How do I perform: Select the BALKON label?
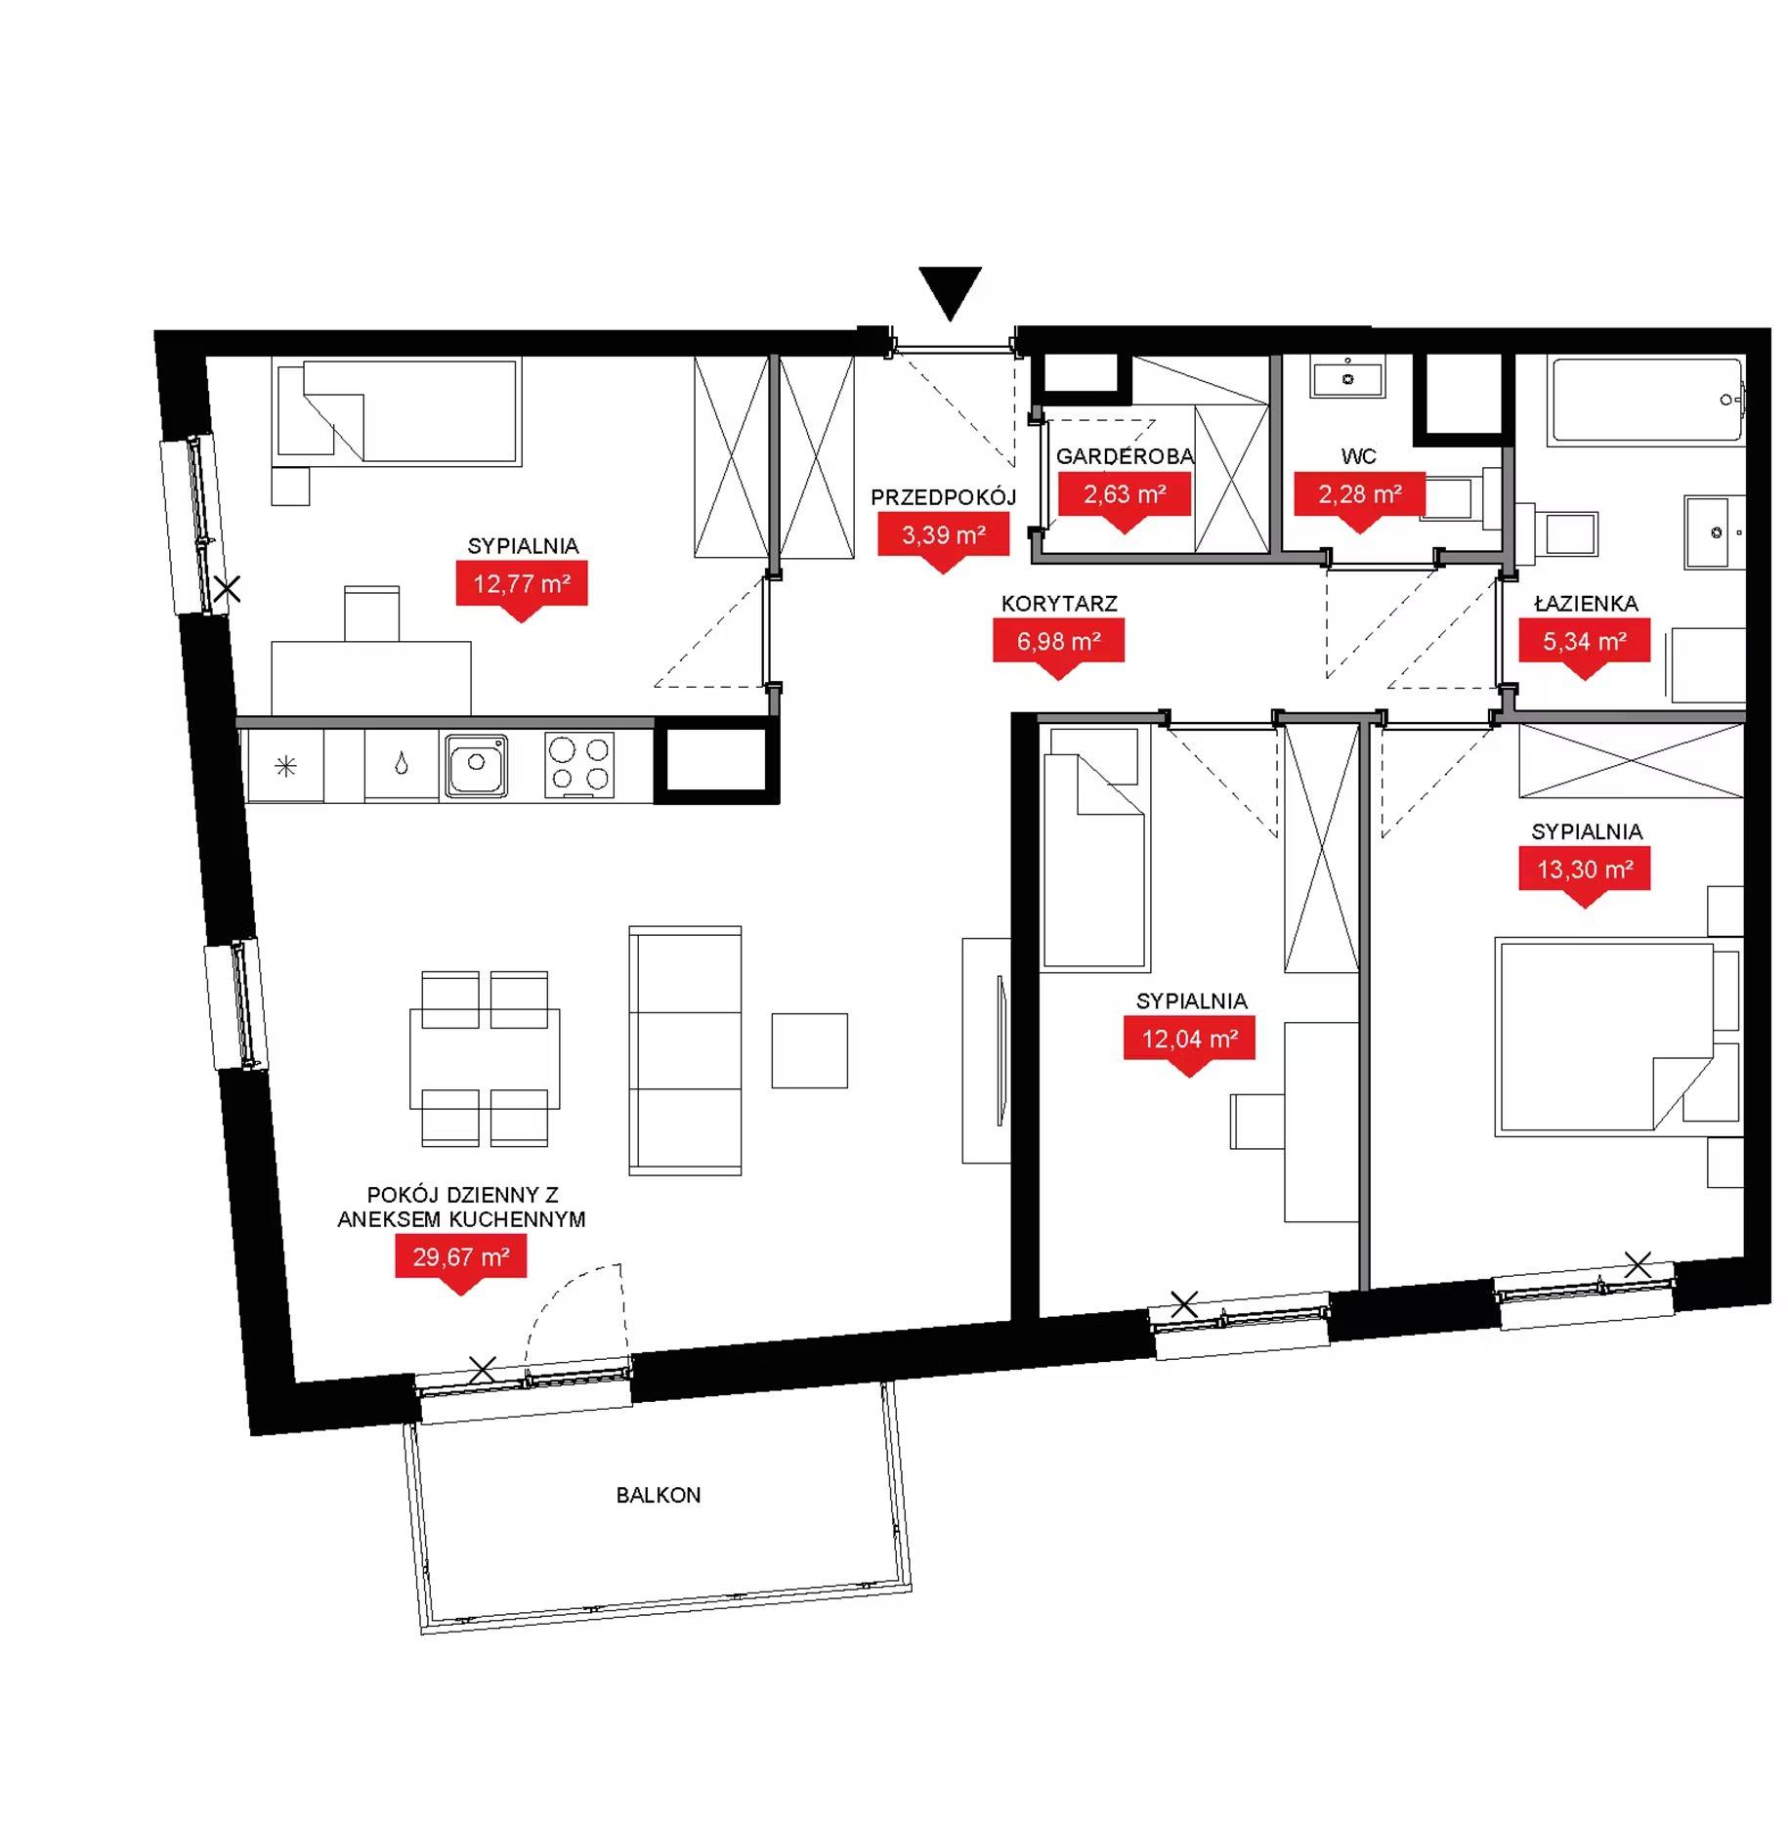tap(658, 1495)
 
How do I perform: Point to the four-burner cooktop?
tap(578, 764)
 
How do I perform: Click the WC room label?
tap(1358, 456)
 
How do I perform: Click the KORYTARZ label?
tap(1058, 604)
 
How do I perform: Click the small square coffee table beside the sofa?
tap(809, 1050)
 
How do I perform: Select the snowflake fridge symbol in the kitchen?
tap(285, 767)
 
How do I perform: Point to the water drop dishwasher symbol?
tap(402, 764)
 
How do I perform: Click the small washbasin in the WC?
tap(1348, 378)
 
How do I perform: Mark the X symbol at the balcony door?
tap(482, 1370)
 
